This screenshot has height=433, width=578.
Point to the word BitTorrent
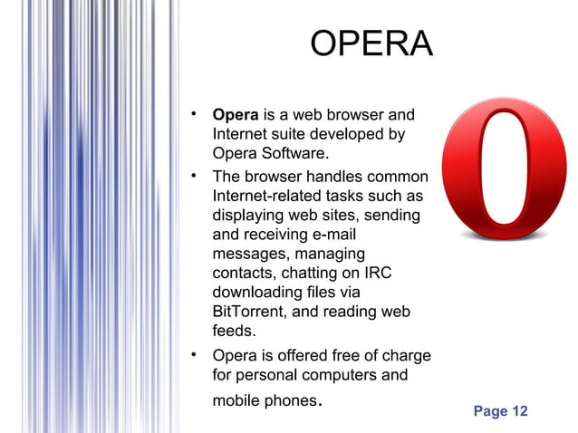(x=250, y=312)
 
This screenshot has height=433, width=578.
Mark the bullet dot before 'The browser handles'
(x=194, y=172)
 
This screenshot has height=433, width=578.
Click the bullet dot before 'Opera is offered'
(x=194, y=353)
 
